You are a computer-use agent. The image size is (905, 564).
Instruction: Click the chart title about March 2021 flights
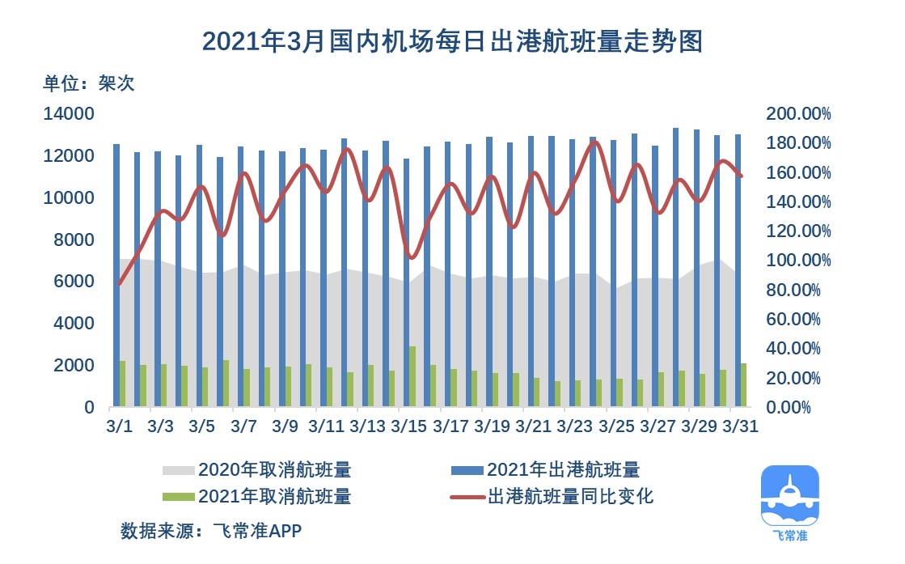451,41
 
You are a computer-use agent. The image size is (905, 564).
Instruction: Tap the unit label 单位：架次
89,83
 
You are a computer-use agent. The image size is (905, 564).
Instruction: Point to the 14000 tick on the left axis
68,114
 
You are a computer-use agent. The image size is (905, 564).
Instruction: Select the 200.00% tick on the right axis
798,114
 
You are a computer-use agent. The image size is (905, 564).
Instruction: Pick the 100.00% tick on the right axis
798,261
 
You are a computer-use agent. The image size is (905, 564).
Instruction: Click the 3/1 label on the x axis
120,426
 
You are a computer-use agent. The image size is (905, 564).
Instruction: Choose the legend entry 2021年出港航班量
563,470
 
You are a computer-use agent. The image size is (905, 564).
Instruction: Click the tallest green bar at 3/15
412,377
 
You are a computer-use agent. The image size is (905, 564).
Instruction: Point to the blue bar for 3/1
116,275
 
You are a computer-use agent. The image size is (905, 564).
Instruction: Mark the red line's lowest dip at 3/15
411,257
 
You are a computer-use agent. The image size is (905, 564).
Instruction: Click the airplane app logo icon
789,498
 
